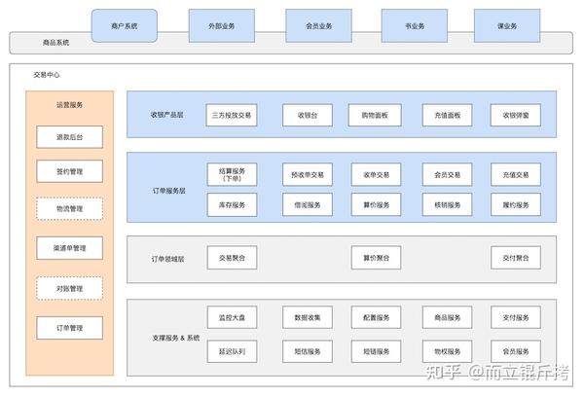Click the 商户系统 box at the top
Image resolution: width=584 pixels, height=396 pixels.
124,25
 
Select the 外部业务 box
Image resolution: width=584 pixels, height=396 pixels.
221,25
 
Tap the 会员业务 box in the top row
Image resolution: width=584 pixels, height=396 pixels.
318,25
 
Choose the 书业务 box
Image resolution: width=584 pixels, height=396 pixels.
414,25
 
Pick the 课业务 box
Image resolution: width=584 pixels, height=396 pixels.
506,25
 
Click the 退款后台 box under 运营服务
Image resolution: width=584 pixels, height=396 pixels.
69,137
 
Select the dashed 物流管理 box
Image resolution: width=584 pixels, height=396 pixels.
69,208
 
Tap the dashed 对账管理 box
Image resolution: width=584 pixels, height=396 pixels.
69,288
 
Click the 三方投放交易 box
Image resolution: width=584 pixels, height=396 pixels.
232,115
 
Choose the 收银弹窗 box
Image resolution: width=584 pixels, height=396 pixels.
515,115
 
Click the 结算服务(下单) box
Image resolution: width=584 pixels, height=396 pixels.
232,174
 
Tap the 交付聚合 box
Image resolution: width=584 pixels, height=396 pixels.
515,258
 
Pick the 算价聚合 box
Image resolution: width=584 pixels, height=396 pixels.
375,258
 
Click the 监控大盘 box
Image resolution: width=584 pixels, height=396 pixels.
232,318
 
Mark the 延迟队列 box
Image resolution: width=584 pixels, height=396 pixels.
232,349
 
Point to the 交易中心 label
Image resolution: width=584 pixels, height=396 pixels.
46,74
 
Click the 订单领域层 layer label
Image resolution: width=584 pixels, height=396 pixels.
167,260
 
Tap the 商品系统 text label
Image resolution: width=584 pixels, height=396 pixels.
56,43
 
